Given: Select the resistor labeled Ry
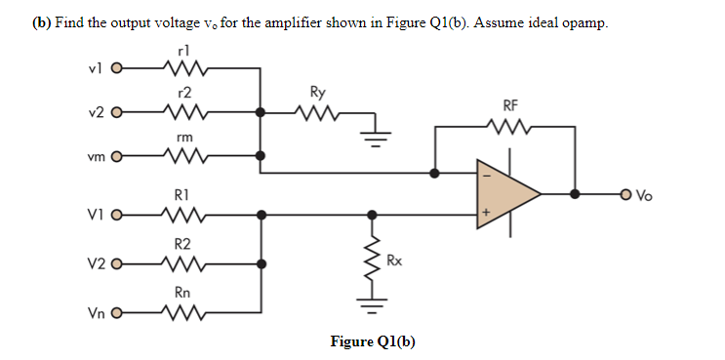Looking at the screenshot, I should click(317, 112).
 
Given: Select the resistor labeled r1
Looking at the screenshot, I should click(182, 69).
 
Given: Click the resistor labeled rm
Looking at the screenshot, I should click(182, 154).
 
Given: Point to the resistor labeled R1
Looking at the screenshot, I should click(182, 214).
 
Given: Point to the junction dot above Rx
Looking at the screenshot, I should click(370, 214).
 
